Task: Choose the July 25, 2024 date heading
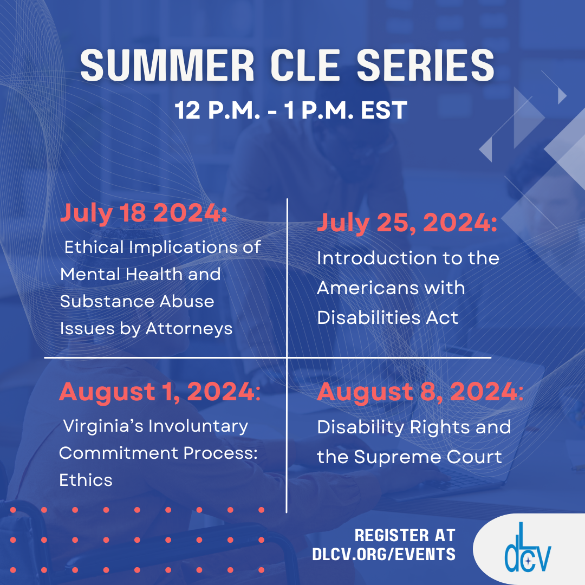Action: pos(407,224)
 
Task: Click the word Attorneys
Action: pos(189,328)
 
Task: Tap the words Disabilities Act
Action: pos(387,317)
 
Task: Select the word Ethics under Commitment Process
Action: pos(86,480)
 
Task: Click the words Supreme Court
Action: pos(428,457)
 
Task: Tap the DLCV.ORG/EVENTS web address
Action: pos(383,554)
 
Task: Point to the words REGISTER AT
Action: pos(405,536)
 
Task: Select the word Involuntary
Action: pos(198,426)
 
